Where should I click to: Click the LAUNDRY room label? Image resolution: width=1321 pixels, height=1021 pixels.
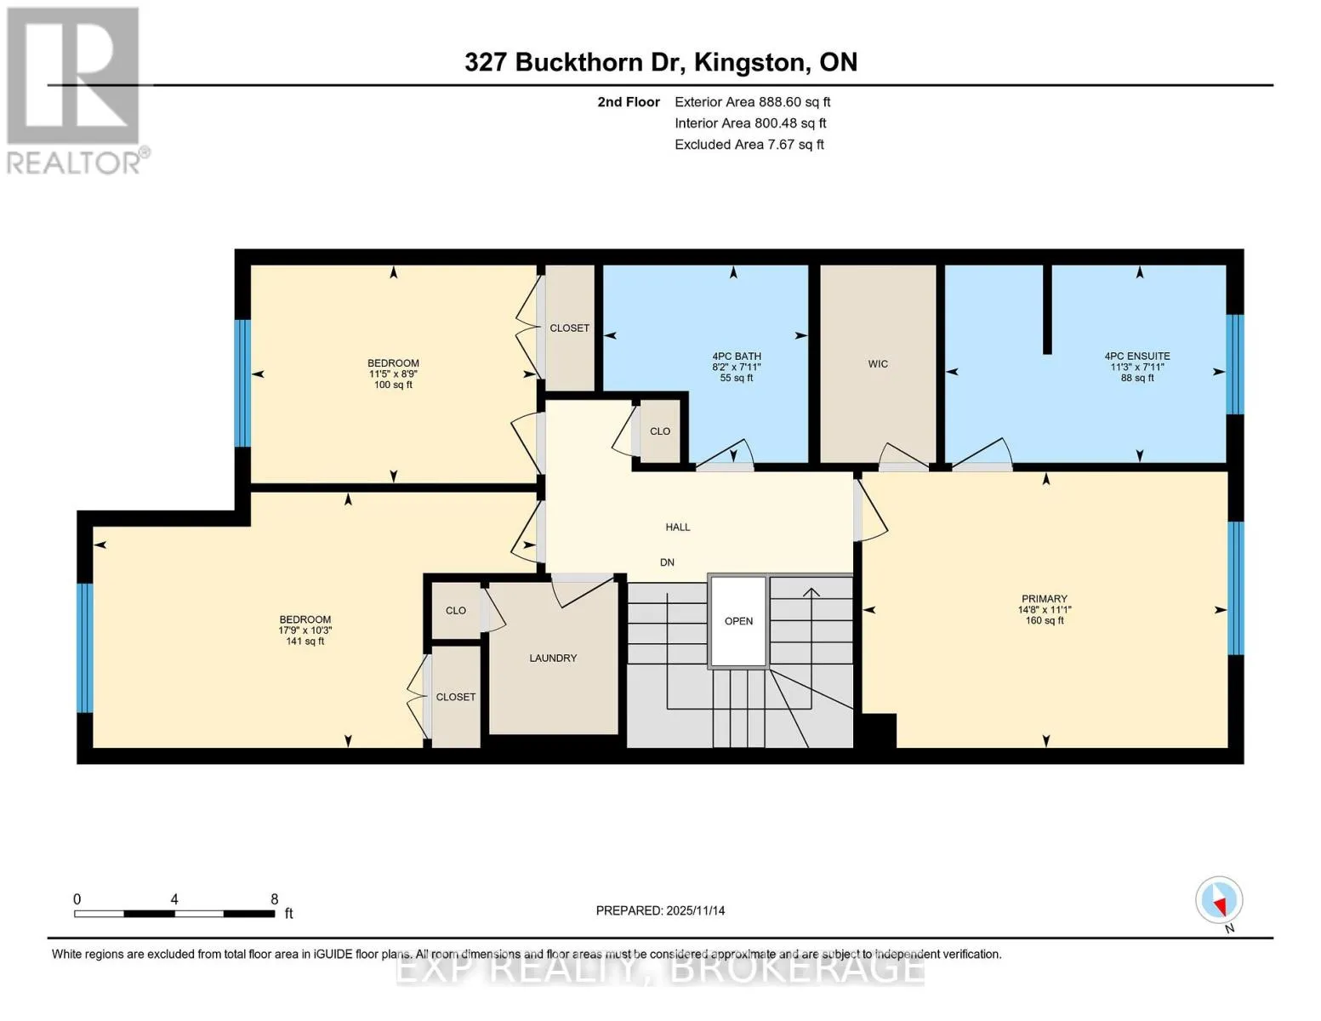coord(553,658)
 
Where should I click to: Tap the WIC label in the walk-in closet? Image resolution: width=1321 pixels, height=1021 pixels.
coord(878,363)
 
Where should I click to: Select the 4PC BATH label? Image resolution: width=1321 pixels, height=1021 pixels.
coord(736,356)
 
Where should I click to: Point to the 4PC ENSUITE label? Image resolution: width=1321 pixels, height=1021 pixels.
coord(1136,356)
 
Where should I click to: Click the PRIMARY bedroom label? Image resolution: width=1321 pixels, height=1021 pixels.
coord(1045,598)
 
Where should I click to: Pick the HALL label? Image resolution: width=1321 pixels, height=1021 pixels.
coord(677,528)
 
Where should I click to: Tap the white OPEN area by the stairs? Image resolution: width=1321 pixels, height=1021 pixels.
coord(738,621)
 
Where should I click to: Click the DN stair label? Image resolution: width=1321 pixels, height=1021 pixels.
coord(667,562)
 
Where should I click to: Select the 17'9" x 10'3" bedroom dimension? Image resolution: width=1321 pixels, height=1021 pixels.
coord(305,630)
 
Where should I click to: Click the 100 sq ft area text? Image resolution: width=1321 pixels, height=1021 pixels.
coord(393,385)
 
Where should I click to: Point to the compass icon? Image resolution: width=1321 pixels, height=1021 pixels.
coord(1219,900)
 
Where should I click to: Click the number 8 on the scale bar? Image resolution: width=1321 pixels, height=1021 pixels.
coord(274,898)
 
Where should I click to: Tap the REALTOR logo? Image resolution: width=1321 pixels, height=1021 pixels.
coord(76,91)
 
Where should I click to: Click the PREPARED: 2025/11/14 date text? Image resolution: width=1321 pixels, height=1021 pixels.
coord(660,910)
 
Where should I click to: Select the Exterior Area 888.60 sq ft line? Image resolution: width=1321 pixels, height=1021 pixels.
coord(752,102)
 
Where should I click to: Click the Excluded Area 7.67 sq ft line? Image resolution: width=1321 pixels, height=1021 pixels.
coord(749,145)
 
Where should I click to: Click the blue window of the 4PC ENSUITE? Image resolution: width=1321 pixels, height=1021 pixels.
coord(1235,364)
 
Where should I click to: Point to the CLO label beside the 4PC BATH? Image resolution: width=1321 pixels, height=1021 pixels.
coord(659,431)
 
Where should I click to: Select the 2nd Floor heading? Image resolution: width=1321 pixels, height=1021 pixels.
coord(629,102)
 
